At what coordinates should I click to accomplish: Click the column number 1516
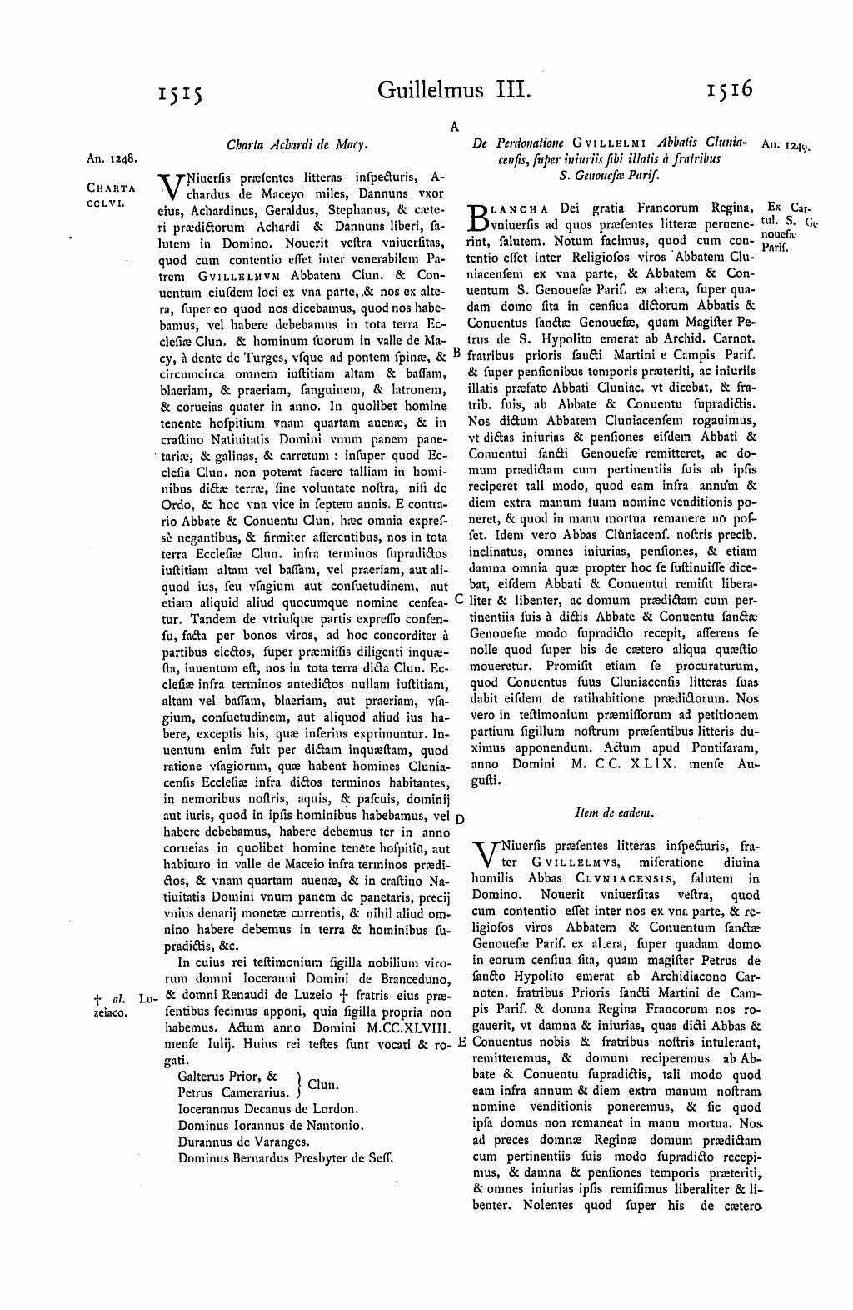pyautogui.click(x=726, y=87)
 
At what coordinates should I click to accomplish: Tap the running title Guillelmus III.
pyautogui.click(x=453, y=88)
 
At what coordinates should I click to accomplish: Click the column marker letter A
pyautogui.click(x=455, y=126)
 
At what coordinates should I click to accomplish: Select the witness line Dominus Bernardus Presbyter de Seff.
pyautogui.click(x=285, y=1157)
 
